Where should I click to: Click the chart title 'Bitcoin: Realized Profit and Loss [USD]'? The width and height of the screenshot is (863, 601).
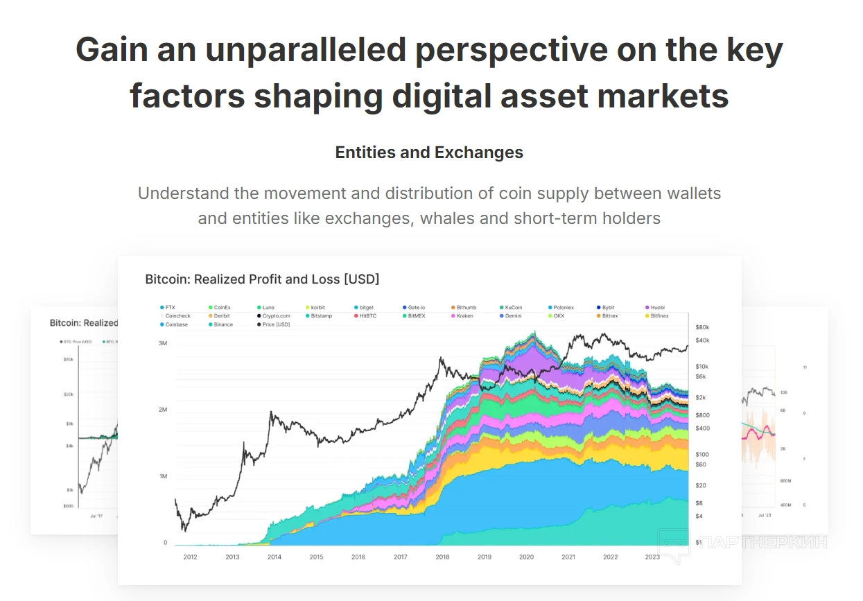[262, 279]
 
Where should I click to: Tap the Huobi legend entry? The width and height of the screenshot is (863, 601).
[656, 307]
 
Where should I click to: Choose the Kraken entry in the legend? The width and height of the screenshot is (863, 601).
[464, 316]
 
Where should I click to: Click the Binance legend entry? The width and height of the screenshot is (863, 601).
[223, 324]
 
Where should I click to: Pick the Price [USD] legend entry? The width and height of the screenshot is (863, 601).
[276, 324]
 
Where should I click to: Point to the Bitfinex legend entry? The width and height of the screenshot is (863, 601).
[659, 316]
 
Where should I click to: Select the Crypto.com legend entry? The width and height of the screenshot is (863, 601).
[276, 316]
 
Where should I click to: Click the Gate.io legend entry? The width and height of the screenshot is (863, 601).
[415, 307]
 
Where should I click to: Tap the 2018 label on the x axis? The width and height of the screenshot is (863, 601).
[442, 557]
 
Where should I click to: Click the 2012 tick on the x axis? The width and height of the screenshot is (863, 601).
[190, 557]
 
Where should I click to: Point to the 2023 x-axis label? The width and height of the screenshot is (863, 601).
[652, 557]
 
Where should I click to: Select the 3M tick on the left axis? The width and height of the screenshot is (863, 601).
[163, 343]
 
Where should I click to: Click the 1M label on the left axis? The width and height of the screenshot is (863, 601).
[163, 476]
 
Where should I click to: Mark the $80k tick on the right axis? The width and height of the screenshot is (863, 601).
[702, 327]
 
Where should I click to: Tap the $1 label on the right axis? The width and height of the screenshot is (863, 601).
[699, 542]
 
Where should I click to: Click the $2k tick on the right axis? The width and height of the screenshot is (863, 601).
[701, 397]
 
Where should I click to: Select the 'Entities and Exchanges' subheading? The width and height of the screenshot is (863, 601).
[429, 153]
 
